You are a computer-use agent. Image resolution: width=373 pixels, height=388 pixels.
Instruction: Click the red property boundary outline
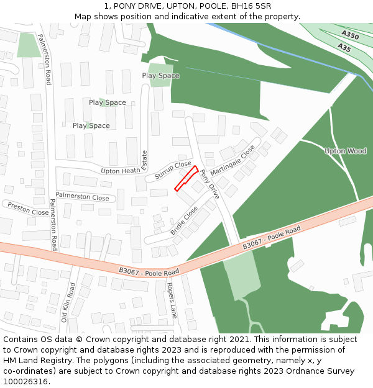point(186,178)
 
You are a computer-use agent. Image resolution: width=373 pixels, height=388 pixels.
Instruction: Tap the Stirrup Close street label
point(173,169)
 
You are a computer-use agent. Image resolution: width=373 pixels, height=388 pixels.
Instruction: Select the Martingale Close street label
point(233,161)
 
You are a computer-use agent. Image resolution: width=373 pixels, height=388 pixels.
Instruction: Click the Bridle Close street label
point(184,220)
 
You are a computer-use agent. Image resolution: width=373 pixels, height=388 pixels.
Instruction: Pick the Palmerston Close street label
point(82,197)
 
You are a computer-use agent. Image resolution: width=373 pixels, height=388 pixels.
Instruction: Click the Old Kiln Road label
point(68,302)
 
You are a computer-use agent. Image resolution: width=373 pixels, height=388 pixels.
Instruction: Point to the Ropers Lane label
point(171,300)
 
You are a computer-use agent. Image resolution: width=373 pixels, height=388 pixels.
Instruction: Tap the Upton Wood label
point(346,151)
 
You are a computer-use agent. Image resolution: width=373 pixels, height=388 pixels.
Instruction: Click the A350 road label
point(350,35)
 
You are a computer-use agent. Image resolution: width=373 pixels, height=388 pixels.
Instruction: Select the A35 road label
point(344,47)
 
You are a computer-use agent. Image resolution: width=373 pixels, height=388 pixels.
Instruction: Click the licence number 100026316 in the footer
point(25,381)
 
